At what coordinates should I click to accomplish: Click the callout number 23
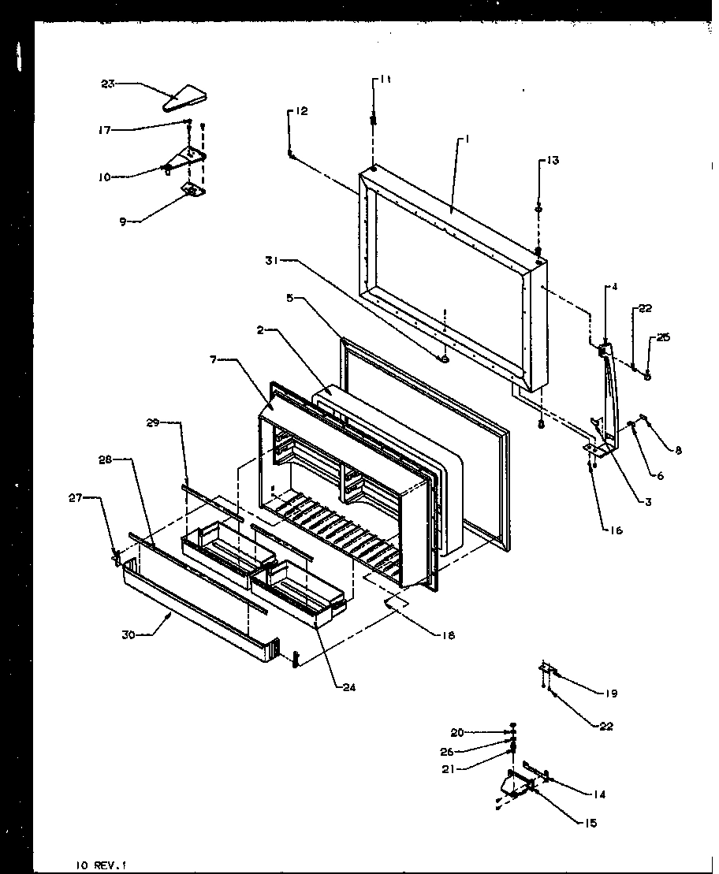click(x=107, y=83)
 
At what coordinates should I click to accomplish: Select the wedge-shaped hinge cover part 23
click(x=184, y=99)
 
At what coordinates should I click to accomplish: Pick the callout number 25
click(x=663, y=337)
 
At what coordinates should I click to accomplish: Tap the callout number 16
click(x=615, y=530)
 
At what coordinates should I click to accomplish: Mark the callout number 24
click(x=348, y=686)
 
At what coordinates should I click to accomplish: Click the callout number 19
click(x=611, y=694)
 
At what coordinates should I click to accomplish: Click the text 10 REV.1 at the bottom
click(x=96, y=865)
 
